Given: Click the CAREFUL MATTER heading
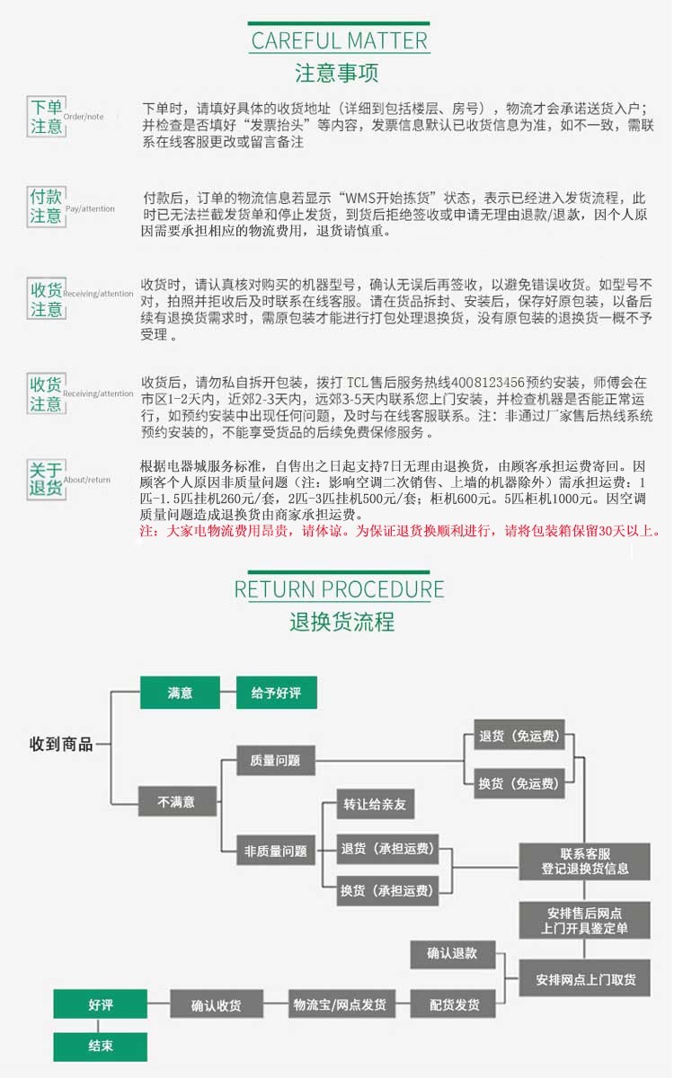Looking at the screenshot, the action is click(339, 41).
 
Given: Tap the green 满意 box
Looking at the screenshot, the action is click(180, 693).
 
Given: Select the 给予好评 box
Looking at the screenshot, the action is click(277, 693).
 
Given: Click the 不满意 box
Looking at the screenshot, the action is click(177, 801).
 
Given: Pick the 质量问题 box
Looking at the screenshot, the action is click(275, 760).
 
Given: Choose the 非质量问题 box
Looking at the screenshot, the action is click(275, 852).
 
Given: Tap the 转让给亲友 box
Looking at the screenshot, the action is click(375, 804).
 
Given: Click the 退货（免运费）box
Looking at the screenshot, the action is click(519, 736).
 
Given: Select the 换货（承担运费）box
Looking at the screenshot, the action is click(387, 891).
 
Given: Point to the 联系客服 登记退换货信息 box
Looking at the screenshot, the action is click(584, 862).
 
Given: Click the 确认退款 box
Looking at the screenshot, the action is click(453, 953).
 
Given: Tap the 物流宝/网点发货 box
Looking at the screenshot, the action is click(341, 1004).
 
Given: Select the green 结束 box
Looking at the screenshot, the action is click(100, 1047).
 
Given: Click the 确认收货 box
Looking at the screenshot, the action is click(217, 1004).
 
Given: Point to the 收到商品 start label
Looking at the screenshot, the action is click(61, 744).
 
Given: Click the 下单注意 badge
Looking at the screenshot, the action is click(46, 117).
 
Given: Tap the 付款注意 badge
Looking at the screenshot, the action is click(46, 207).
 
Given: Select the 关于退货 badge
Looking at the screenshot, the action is click(46, 479).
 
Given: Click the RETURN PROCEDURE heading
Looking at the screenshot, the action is click(339, 589).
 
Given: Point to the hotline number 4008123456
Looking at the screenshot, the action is click(488, 383).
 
